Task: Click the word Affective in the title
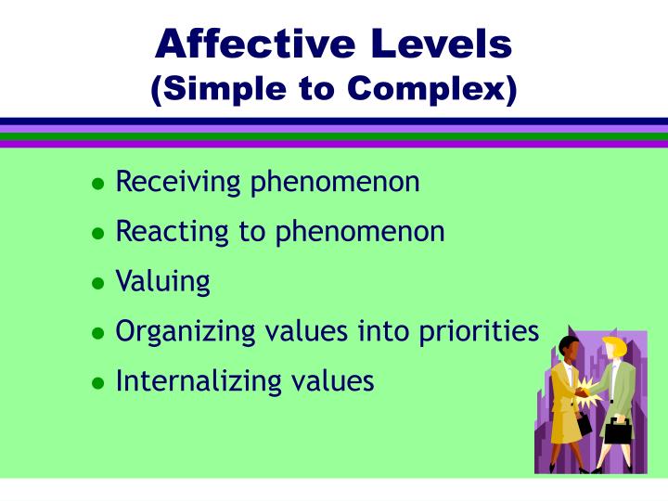[244, 43]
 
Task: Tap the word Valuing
[162, 282]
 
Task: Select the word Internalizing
[191, 380]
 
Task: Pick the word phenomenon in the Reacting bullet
[359, 232]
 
